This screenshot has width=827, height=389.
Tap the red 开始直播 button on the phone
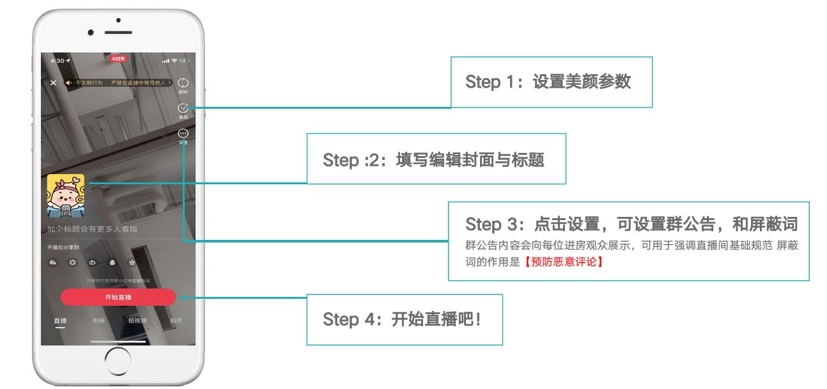(x=118, y=298)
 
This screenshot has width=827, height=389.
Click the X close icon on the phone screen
(x=53, y=83)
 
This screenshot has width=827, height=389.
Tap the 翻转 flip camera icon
(x=183, y=84)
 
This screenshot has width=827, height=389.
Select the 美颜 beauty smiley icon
(x=183, y=109)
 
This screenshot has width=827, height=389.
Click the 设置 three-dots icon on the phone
(x=183, y=134)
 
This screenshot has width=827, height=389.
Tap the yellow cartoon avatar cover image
(x=65, y=196)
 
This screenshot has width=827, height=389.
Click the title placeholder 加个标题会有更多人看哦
(x=92, y=229)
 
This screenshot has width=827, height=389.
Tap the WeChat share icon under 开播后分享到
(x=54, y=262)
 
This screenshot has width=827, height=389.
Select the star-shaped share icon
(x=132, y=262)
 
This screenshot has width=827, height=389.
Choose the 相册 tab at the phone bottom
(x=98, y=320)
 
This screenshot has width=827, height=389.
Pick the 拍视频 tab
(x=137, y=320)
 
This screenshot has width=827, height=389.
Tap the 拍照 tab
(x=176, y=320)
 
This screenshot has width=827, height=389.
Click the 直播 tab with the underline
(x=60, y=320)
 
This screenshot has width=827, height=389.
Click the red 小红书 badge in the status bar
(x=118, y=59)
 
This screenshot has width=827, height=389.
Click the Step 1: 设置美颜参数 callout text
(x=548, y=82)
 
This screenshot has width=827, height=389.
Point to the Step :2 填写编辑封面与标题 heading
(x=433, y=159)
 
